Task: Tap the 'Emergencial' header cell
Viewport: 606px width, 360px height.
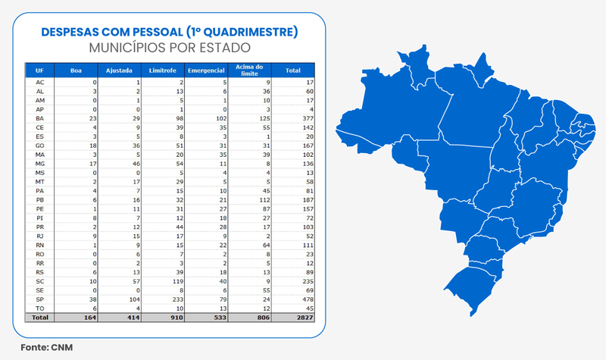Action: [205, 70]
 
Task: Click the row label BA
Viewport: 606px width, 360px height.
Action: [40, 120]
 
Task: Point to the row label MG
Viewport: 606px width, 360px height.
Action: [40, 162]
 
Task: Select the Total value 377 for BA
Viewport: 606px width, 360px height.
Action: [296, 120]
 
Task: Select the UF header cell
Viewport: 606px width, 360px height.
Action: [39, 70]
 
